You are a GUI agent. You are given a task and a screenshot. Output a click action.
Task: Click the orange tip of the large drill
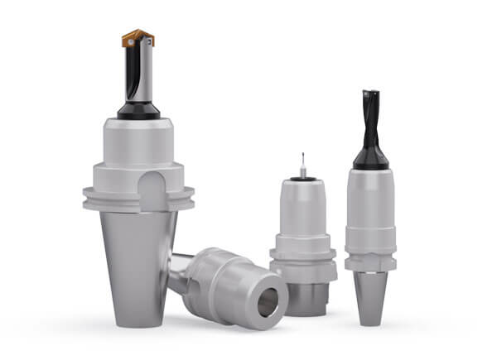click(138, 37)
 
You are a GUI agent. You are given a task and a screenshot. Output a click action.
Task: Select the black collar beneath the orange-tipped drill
click(138, 110)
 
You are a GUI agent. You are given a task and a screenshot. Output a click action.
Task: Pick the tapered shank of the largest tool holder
click(137, 265)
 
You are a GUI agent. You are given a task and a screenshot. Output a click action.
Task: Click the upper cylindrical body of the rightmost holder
click(370, 199)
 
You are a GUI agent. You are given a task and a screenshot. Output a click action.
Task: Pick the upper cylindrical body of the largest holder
click(138, 141)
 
